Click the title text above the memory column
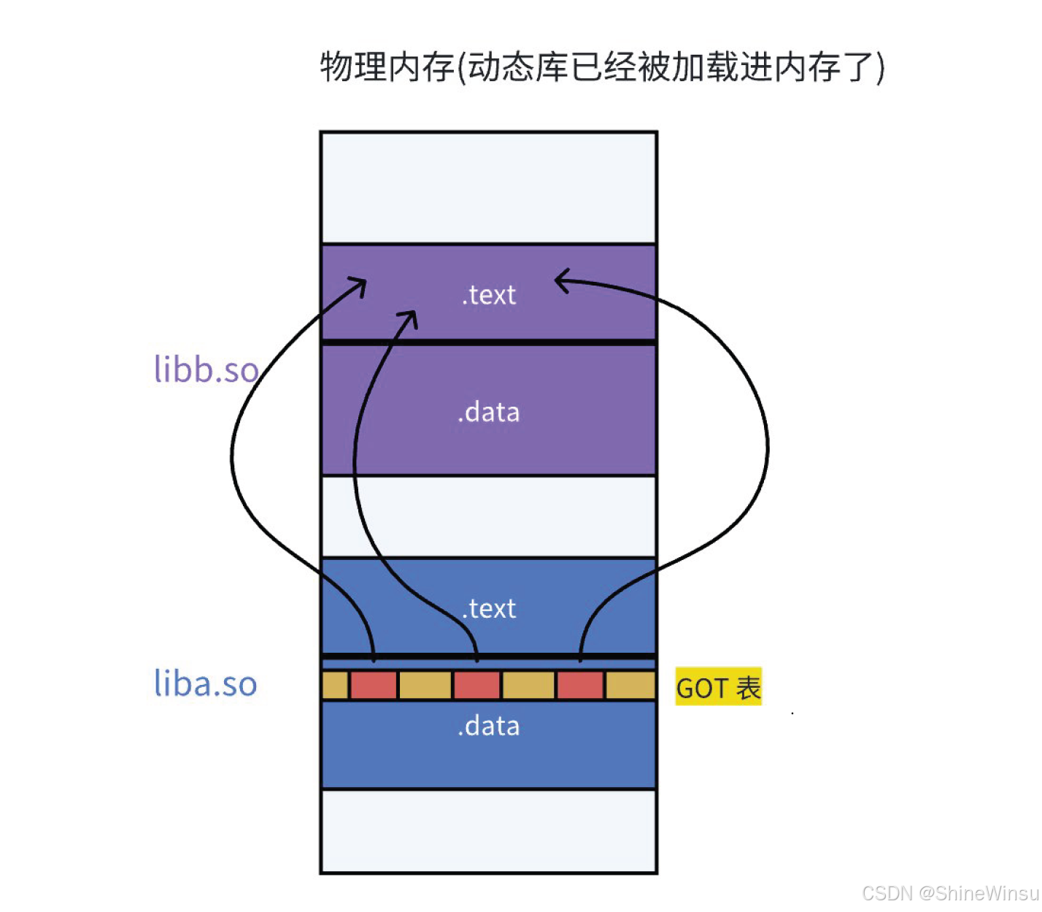click(602, 67)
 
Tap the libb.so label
click(207, 369)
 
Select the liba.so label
click(206, 683)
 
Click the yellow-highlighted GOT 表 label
click(719, 687)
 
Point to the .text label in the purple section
click(489, 295)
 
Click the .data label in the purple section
click(489, 413)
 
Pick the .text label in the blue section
click(489, 608)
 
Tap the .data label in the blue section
click(489, 726)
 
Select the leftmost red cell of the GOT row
click(374, 686)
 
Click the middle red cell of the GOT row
click(477, 686)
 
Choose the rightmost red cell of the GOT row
click(580, 686)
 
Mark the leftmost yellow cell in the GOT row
click(335, 686)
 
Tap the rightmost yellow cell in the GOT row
click(630, 686)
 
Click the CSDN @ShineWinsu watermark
click(950, 893)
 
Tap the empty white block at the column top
click(489, 188)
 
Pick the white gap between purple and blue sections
click(489, 516)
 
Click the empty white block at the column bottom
click(489, 831)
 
